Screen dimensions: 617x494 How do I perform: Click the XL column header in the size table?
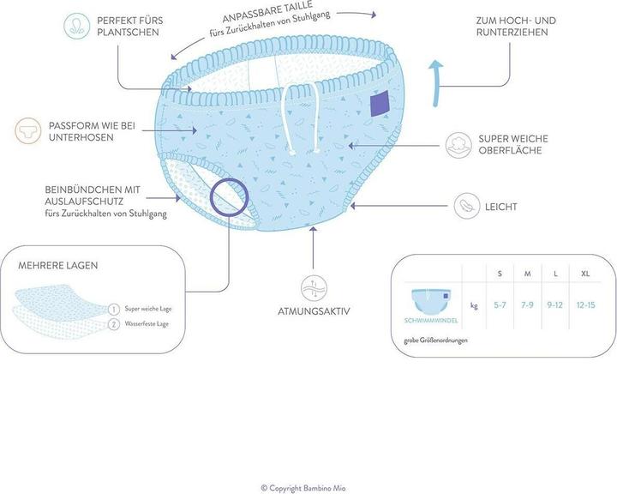pos(585,273)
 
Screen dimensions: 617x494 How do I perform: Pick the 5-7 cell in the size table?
pos(500,304)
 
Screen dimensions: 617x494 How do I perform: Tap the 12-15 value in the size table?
pos(585,304)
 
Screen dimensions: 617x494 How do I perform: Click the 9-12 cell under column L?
pos(555,304)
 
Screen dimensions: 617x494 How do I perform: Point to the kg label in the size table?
pos(474,304)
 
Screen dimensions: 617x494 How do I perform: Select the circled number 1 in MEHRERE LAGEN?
pos(113,308)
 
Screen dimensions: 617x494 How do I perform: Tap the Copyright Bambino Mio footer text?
pos(308,487)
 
